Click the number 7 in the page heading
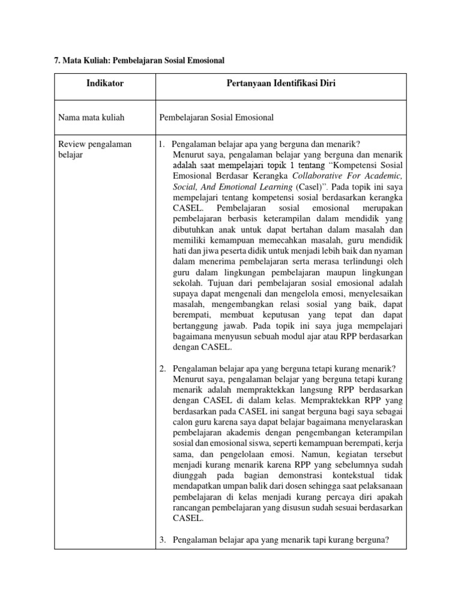(57, 61)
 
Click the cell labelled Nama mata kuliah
(91, 118)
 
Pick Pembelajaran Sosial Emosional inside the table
(216, 118)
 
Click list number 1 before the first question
(162, 145)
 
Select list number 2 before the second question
(162, 368)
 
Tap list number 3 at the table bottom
(162, 540)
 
